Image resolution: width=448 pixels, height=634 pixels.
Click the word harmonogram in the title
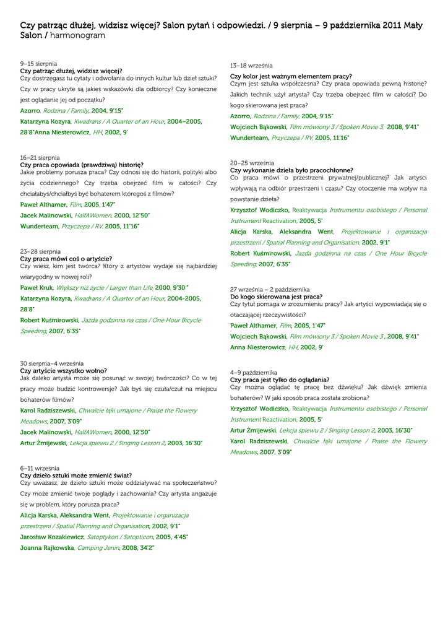(x=77, y=36)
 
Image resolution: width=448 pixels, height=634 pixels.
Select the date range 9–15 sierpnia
(x=38, y=64)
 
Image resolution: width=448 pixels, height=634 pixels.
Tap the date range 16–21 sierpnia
(x=40, y=158)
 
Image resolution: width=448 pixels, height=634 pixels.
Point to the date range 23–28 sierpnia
(x=40, y=252)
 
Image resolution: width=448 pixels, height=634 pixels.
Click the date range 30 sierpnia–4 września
(x=51, y=363)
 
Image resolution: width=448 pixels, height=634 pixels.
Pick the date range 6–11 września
(x=40, y=469)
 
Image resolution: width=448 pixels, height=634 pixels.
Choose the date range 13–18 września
(x=251, y=66)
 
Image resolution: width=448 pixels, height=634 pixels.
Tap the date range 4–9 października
(x=254, y=373)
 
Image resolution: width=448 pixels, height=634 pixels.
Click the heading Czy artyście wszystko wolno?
(x=64, y=370)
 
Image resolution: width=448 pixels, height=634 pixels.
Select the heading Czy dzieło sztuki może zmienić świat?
(x=75, y=475)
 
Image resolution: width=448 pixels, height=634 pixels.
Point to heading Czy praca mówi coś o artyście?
(x=66, y=259)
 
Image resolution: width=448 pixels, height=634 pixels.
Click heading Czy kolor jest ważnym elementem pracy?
(x=291, y=76)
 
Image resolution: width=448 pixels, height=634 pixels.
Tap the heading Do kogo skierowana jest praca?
(x=276, y=297)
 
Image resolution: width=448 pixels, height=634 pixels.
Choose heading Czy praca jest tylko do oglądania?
(x=280, y=380)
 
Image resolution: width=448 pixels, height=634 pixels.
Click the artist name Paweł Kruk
(x=37, y=288)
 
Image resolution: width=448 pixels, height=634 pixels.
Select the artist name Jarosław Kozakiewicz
(x=52, y=537)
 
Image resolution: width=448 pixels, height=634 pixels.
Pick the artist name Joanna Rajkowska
(x=47, y=548)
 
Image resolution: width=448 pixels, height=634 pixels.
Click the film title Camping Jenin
(x=98, y=548)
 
